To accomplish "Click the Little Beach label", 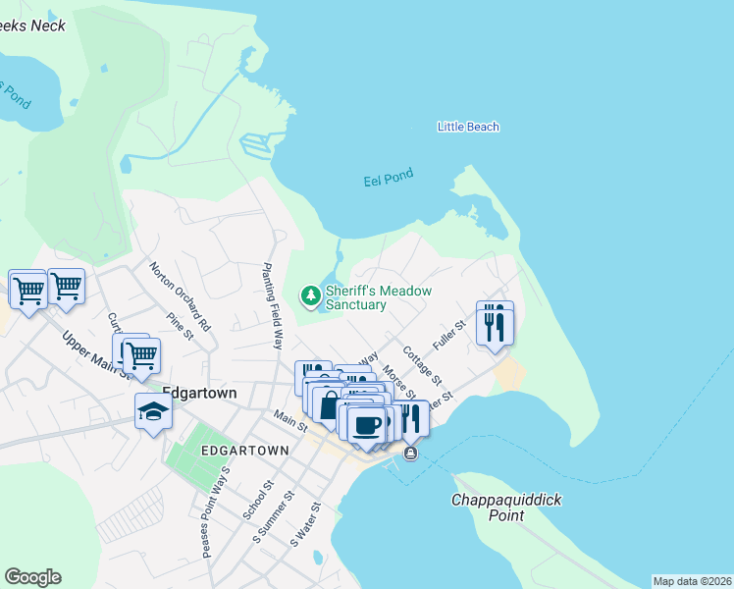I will coord(468,127).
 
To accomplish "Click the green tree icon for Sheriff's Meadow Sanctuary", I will coord(311,294).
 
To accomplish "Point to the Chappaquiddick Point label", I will coord(506,508).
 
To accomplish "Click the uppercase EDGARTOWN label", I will coord(244,451).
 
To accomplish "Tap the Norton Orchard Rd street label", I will coord(181,294).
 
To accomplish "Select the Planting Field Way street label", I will coord(272,305).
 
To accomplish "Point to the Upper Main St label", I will coord(96,354).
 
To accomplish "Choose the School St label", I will coord(262,507).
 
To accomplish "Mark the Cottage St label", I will coord(424,363).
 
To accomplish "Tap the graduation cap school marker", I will coord(153,410).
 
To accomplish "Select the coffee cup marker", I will coord(367,424).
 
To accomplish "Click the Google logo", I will coord(32,577).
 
